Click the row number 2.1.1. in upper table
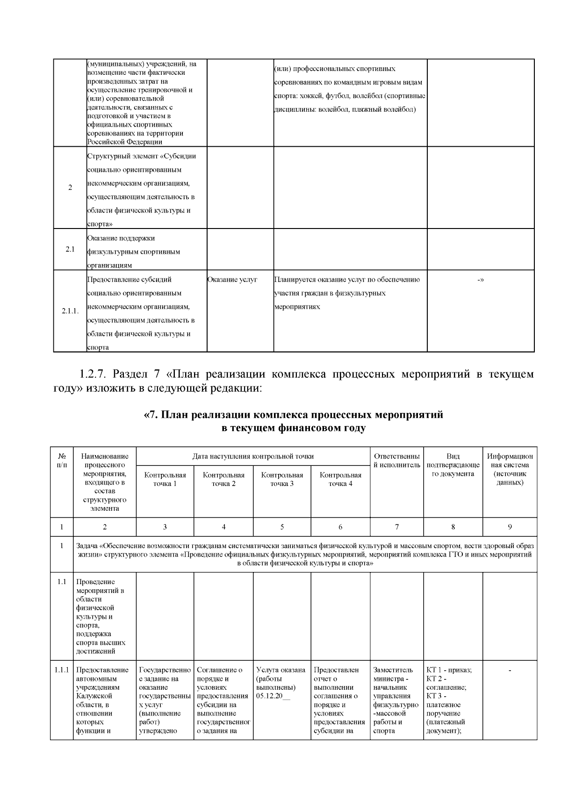pos(70,311)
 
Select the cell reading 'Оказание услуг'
pos(232,279)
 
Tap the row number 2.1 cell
pos(70,249)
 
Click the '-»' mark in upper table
pos(480,279)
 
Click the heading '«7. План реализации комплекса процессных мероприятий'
pos(293,415)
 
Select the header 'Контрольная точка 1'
pos(165,479)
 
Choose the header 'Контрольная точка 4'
pos(340,479)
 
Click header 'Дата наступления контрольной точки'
pos(253,456)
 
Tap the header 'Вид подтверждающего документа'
pos(453,465)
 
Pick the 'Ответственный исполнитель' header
pos(397,460)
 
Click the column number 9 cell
pos(510,527)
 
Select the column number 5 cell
pos(282,527)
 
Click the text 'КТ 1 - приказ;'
pos(449,670)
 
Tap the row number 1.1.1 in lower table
pos(62,670)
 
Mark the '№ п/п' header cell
pos(62,460)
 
